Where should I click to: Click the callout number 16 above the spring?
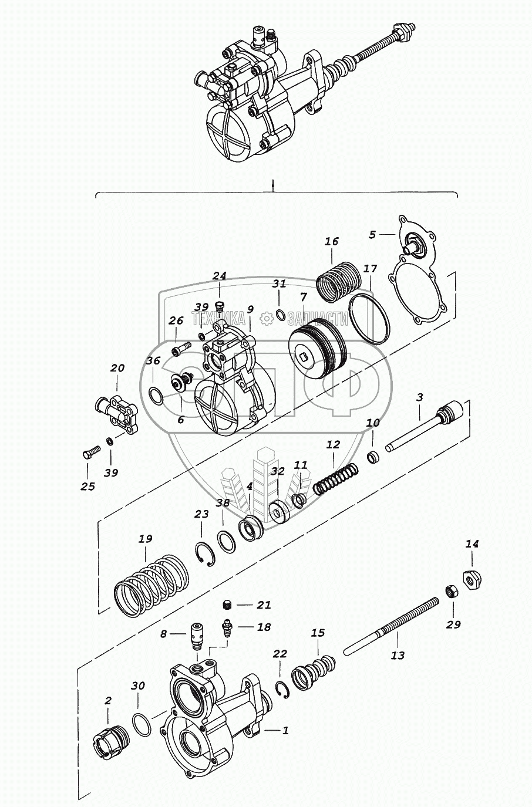coord(332,242)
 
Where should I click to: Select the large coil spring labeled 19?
coord(150,583)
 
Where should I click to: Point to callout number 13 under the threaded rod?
coord(398,655)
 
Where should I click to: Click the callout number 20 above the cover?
coord(117,368)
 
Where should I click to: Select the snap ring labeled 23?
coord(205,555)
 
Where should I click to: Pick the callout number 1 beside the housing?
coord(285,731)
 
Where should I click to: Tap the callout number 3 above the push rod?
coord(420,397)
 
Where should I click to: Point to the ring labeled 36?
coord(156,396)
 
